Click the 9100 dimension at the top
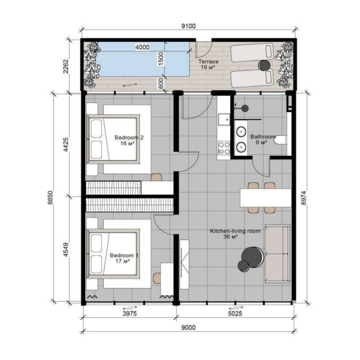click(x=189, y=26)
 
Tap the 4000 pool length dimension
click(x=142, y=47)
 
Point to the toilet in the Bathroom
click(x=280, y=140)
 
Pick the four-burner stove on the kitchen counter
click(x=224, y=148)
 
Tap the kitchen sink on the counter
click(x=224, y=119)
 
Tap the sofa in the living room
click(x=277, y=254)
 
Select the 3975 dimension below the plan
click(x=130, y=313)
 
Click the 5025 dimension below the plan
click(x=235, y=313)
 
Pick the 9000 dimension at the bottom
click(x=189, y=327)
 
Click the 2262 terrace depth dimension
click(x=66, y=66)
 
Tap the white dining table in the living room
click(x=265, y=198)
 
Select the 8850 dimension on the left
click(x=50, y=197)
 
